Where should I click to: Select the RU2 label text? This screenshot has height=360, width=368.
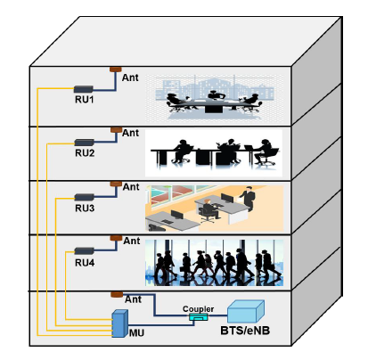pos(86,154)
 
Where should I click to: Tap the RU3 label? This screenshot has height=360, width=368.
pos(86,209)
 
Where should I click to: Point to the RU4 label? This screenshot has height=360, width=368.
pos(86,262)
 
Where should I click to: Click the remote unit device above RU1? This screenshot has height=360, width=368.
pos(84,88)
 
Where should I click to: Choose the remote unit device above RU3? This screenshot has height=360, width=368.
pos(85,196)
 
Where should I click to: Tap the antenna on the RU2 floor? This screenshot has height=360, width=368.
pos(115,129)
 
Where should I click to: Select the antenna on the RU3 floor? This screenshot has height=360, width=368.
pos(115,184)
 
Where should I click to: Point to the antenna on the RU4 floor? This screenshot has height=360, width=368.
pos(115,238)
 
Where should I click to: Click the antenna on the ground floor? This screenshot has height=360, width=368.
pos(115,295)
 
